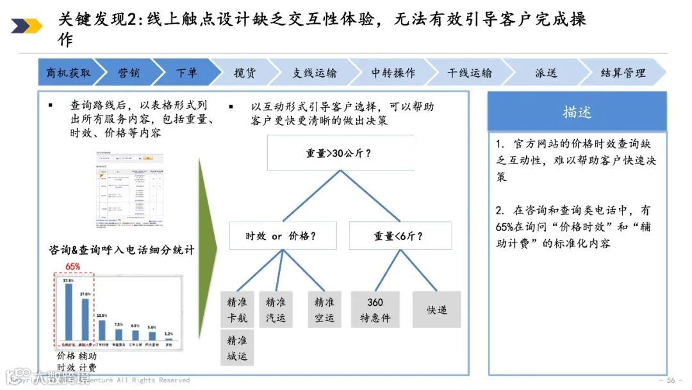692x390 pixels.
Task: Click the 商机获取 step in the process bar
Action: (68, 72)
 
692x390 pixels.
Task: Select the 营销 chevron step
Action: (128, 72)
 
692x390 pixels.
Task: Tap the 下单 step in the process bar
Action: (186, 72)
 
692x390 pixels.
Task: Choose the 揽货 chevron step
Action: (244, 72)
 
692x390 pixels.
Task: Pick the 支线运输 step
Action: (314, 72)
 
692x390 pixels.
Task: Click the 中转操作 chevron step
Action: (393, 72)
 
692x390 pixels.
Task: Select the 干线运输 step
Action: (470, 72)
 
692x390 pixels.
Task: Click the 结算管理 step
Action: (622, 72)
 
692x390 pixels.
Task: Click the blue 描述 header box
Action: (577, 112)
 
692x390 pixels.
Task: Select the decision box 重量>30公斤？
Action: (340, 153)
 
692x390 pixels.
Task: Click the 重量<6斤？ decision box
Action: (400, 235)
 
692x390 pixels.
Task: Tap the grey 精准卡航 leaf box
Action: (237, 310)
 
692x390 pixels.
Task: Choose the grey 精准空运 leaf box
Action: (324, 310)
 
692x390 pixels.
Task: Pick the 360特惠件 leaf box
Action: (375, 310)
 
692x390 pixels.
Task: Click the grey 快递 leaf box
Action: (436, 310)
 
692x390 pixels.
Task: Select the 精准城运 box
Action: (237, 348)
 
